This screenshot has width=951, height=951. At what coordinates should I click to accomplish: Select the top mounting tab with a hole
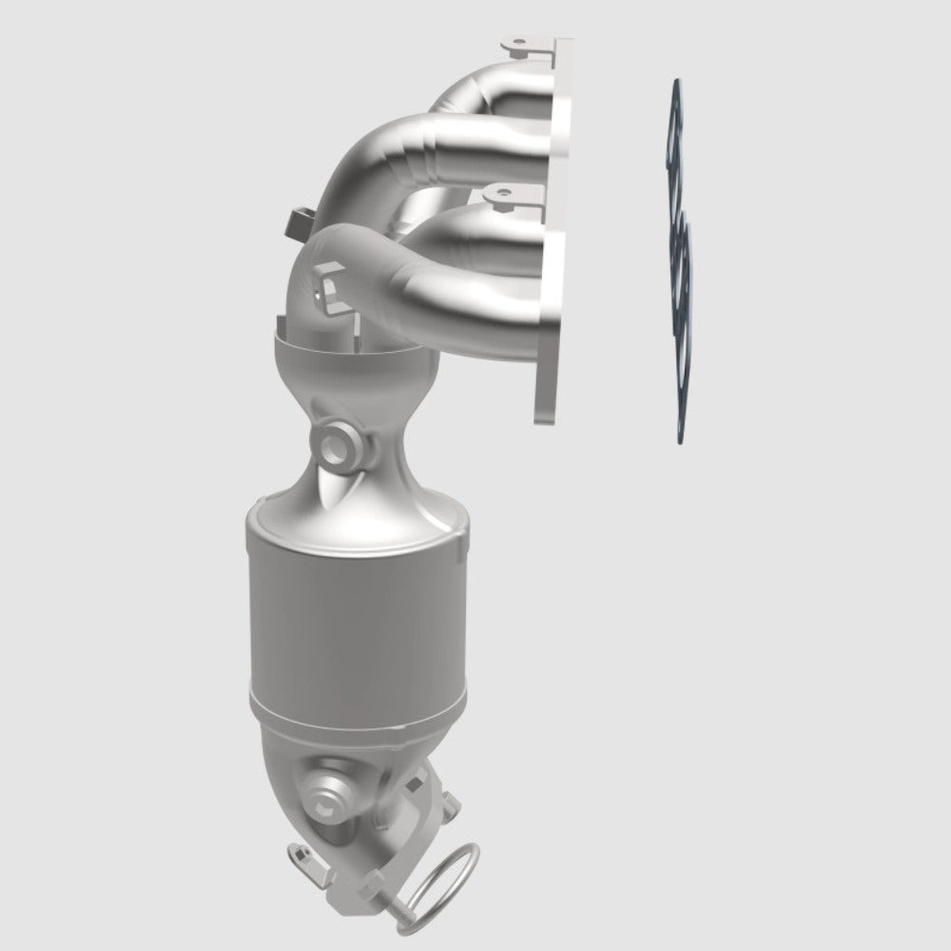click(x=518, y=45)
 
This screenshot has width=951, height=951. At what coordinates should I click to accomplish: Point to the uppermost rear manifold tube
click(x=495, y=90)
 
